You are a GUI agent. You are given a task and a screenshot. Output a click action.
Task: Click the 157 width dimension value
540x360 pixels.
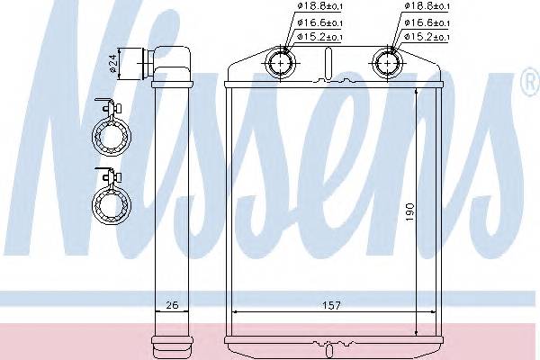coord(331,305)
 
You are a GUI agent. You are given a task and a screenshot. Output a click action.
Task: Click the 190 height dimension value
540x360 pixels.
coord(409,212)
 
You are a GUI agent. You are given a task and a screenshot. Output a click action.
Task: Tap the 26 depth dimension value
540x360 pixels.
coord(172,305)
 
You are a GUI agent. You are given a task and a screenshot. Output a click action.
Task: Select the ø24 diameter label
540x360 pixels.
coord(113,64)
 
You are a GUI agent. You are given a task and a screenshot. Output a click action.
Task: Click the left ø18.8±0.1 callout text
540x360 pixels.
coord(319,6)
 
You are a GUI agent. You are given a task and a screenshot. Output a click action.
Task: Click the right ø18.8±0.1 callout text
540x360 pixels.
coord(427,6)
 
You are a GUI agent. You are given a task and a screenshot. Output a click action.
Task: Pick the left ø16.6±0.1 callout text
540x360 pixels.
coord(319,23)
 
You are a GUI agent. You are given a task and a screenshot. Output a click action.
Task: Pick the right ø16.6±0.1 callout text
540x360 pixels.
coord(427,23)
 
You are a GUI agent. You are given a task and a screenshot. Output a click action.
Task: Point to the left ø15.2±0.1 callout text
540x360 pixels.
coord(319,37)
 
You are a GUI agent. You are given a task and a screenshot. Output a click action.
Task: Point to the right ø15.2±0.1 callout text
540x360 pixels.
coord(427,37)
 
